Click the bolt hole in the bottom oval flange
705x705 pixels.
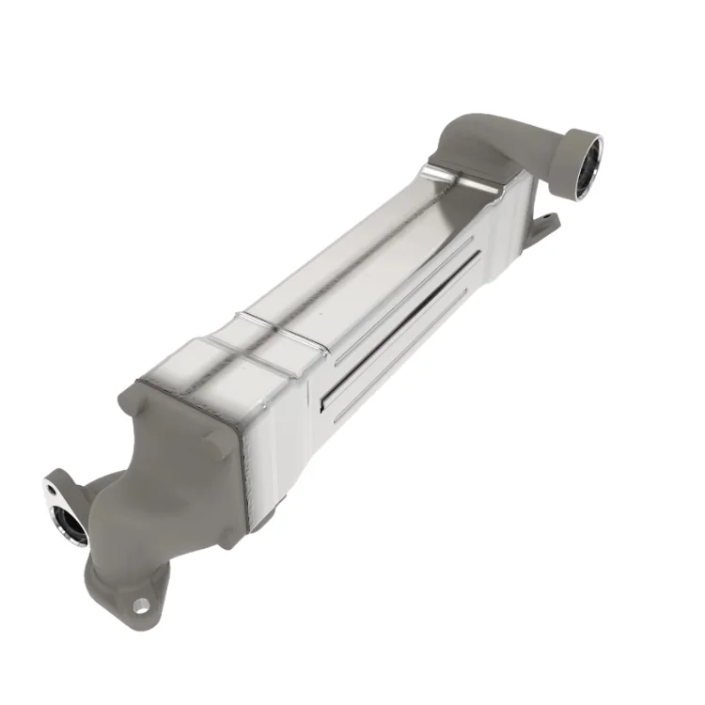(x=141, y=604)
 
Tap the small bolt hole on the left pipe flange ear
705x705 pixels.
(x=49, y=488)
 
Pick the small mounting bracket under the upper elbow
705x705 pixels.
(x=542, y=231)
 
